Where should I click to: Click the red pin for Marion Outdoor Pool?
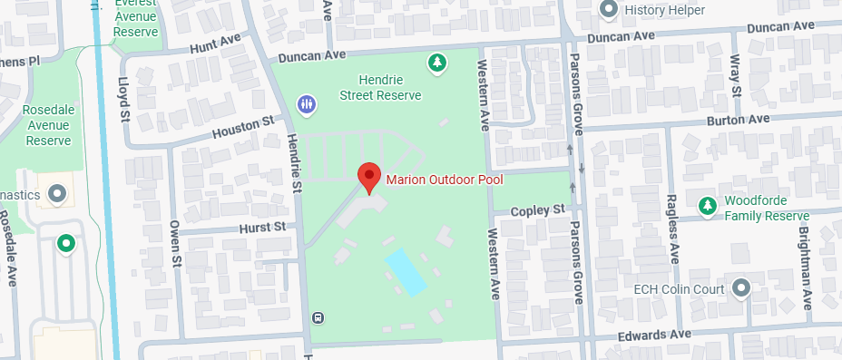click(369, 177)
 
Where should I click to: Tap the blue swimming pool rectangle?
click(406, 271)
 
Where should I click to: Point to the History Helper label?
click(660, 9)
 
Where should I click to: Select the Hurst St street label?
click(261, 225)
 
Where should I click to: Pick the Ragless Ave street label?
click(672, 228)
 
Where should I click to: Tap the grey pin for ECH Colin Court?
click(741, 289)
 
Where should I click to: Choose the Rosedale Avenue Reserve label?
click(48, 125)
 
